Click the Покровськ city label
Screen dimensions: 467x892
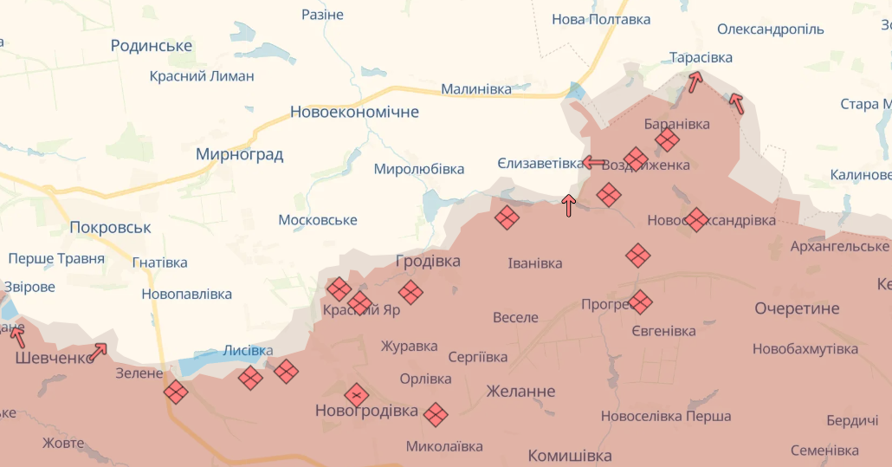coord(110,228)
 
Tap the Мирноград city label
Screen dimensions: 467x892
coord(240,155)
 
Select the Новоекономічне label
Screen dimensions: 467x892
coord(354,112)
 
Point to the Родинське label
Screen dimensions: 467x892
coord(152,46)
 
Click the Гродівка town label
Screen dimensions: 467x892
coord(428,261)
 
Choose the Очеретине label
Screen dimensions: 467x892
coord(797,308)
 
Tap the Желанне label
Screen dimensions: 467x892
coord(520,391)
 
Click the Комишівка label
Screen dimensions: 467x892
coord(570,456)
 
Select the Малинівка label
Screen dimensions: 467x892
coord(476,89)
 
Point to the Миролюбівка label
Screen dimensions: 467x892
coord(418,169)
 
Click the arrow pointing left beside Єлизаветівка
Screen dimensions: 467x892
coord(594,162)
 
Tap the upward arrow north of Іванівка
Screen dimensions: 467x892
coord(569,205)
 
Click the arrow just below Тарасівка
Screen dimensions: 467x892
coord(695,82)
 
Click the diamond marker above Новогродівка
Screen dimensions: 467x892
coord(357,395)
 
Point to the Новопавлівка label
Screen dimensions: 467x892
coord(187,294)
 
